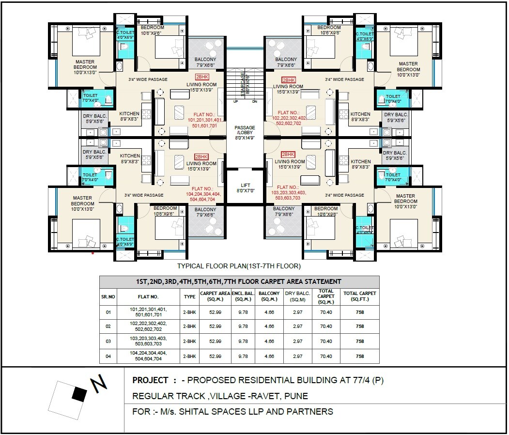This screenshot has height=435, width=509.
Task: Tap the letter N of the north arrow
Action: tap(99, 384)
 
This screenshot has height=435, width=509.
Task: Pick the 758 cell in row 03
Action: tap(359, 342)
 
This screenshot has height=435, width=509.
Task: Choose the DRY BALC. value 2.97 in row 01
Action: tap(297, 312)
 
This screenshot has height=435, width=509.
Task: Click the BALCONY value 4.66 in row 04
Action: tap(269, 356)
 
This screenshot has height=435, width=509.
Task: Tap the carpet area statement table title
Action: tap(239, 281)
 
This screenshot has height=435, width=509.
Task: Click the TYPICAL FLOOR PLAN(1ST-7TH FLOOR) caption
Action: tap(239, 266)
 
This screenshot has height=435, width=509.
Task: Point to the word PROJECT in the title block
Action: tap(151, 380)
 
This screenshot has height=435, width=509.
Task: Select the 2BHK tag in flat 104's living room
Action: tap(201, 157)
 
